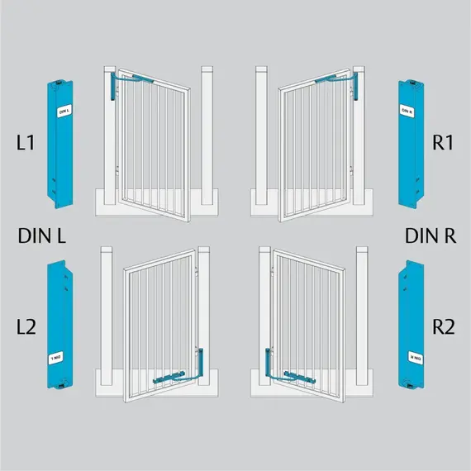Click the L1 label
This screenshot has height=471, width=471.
pos(25,143)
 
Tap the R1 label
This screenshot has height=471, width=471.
pos(444,143)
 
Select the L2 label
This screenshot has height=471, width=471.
pos(26,326)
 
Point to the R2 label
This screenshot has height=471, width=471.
pos(444,326)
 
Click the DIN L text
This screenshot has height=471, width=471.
pos(41,235)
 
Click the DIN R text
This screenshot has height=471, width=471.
pos(431,235)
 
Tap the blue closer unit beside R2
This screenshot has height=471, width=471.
pos(411,326)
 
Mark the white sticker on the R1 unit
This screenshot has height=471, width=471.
pos(407,111)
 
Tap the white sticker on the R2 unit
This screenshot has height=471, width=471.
pos(413,358)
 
